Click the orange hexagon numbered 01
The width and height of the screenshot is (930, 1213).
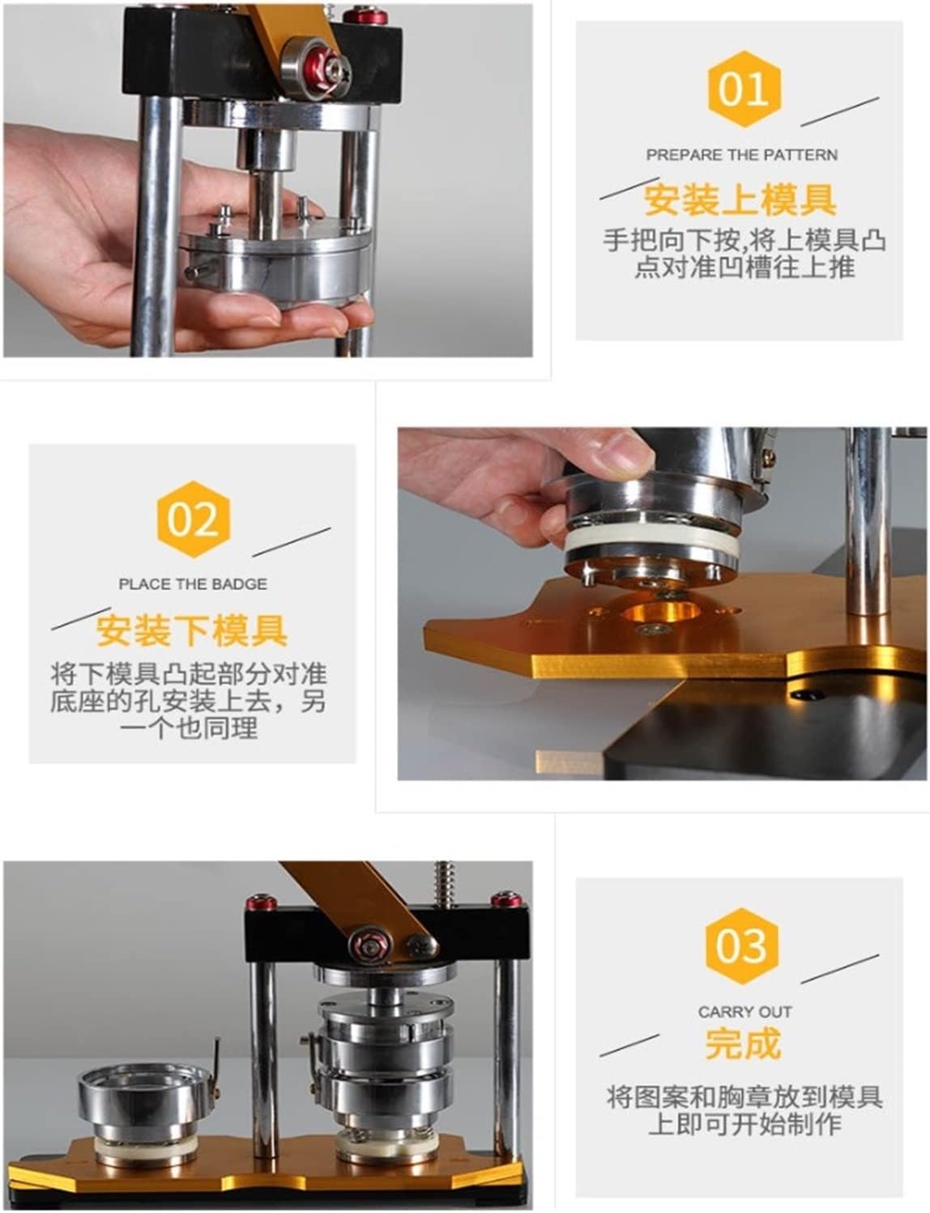[744, 89]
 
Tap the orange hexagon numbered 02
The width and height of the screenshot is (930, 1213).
[193, 519]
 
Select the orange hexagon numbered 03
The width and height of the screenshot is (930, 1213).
[741, 946]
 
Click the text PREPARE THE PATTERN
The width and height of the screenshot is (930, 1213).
[742, 156]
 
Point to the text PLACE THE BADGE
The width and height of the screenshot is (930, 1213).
[193, 584]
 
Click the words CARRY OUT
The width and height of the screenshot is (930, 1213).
[744, 1012]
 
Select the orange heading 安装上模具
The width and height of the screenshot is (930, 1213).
[740, 199]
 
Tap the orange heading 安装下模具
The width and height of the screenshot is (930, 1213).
[191, 630]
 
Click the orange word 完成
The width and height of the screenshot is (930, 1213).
[743, 1044]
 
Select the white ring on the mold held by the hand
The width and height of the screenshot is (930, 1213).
[651, 544]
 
